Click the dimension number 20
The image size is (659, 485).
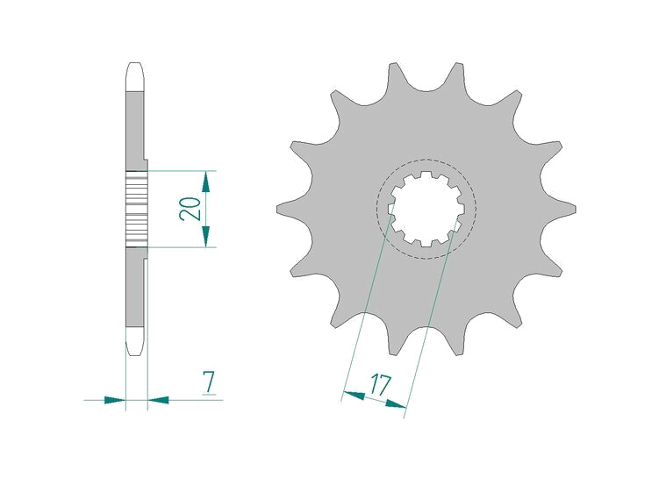pyautogui.click(x=190, y=209)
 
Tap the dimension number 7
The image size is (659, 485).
pyautogui.click(x=209, y=382)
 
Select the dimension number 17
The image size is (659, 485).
pyautogui.click(x=380, y=386)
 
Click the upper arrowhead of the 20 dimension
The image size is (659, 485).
pyautogui.click(x=205, y=181)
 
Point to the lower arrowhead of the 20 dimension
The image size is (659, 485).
pyautogui.click(x=205, y=237)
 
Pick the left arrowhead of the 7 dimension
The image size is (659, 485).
pyautogui.click(x=115, y=400)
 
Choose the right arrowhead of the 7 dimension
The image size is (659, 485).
pyautogui.click(x=159, y=400)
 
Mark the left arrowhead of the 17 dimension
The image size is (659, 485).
pyautogui.click(x=354, y=395)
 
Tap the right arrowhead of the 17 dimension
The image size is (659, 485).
pyautogui.click(x=396, y=404)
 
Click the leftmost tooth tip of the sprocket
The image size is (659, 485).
pyautogui.click(x=278, y=209)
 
